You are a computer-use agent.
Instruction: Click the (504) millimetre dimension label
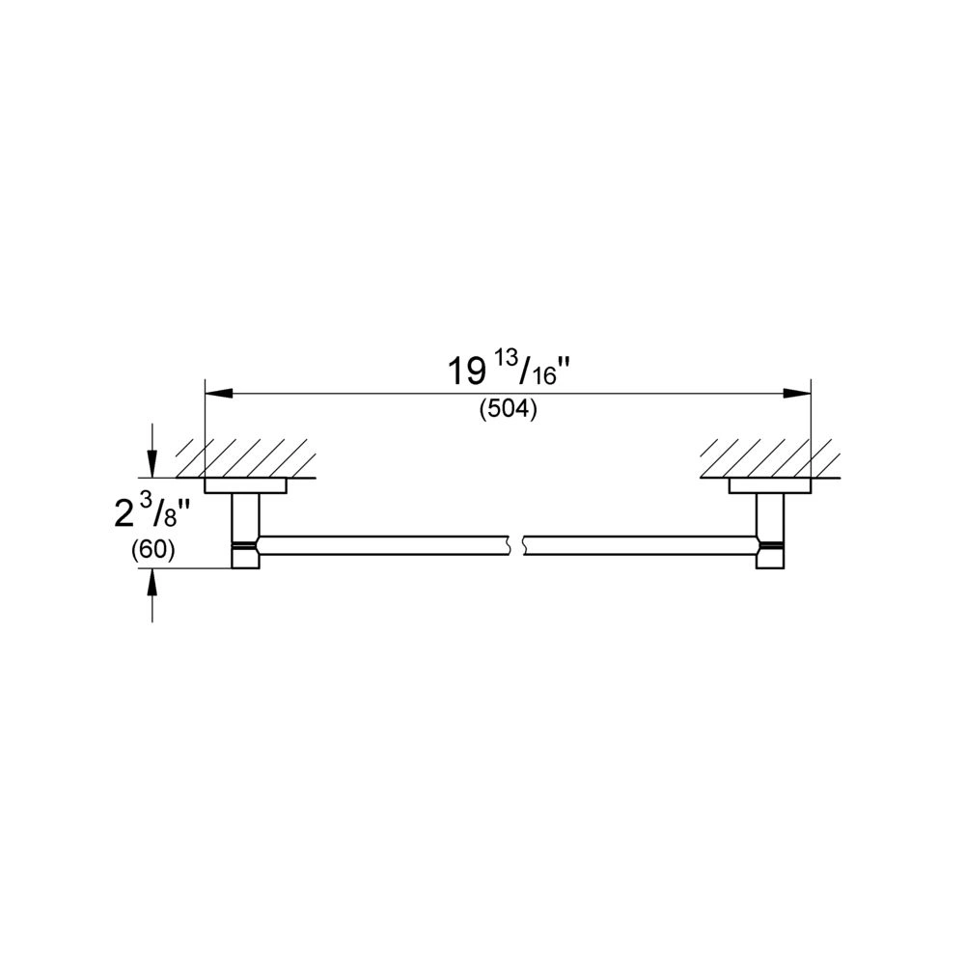click(x=508, y=409)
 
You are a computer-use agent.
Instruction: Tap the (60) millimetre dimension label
click(x=153, y=550)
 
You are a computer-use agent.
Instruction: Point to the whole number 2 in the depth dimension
click(x=124, y=513)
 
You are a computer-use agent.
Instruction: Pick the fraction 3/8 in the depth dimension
click(x=160, y=512)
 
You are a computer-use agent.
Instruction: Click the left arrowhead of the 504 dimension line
click(x=218, y=394)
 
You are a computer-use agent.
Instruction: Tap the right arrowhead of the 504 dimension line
click(x=797, y=394)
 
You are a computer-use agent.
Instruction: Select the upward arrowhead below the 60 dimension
click(x=152, y=582)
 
